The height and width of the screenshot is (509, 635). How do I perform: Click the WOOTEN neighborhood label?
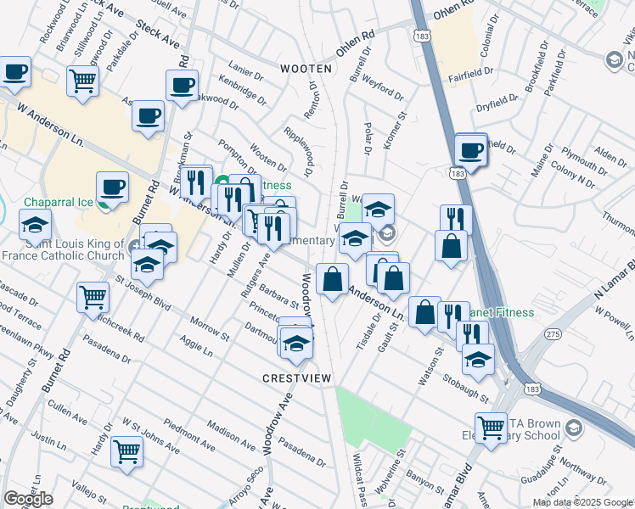(x=306, y=69)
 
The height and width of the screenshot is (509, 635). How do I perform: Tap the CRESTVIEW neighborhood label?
(x=295, y=378)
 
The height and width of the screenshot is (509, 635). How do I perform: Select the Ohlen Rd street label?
(x=355, y=44)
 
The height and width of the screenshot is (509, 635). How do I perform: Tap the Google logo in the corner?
(x=28, y=499)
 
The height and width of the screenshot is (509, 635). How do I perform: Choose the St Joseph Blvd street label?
(x=149, y=288)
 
